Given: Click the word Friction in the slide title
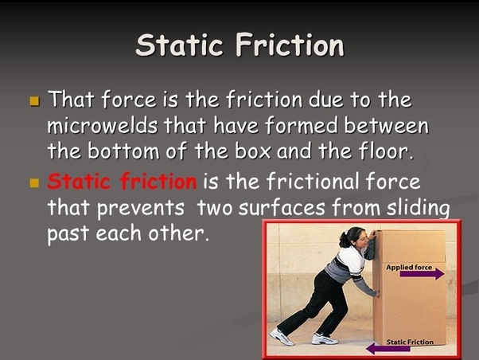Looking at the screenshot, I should [289, 45].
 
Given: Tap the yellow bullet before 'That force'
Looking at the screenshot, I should [34, 102].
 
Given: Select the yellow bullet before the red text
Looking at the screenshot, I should [34, 182].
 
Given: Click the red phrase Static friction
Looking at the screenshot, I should [122, 182].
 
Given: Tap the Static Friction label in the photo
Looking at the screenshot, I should [410, 342].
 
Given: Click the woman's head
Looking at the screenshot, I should [353, 237].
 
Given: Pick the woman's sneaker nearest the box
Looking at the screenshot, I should [324, 338].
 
